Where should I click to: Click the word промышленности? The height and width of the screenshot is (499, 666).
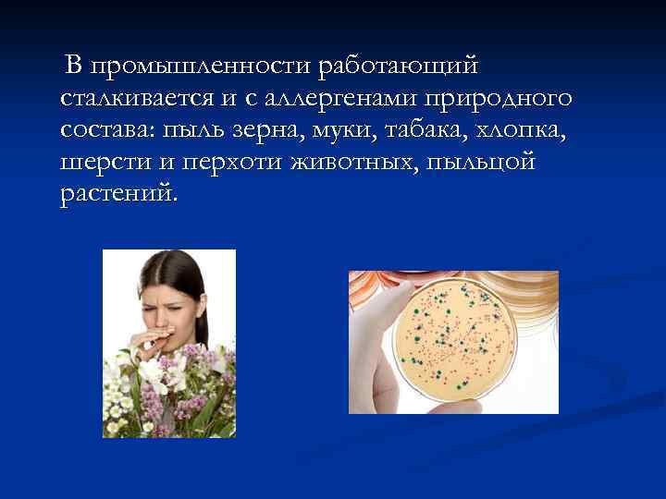point(201,67)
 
